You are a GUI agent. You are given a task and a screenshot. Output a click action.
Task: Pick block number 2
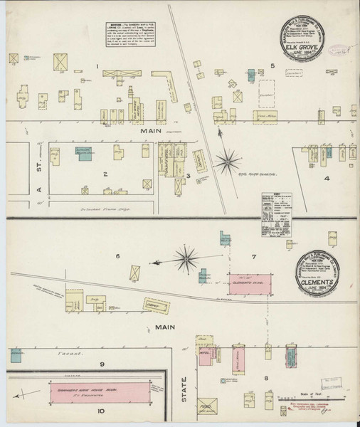click(105, 173)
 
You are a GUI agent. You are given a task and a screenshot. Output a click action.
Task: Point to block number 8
click(265, 378)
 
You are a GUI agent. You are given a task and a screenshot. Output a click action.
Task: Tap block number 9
click(102, 364)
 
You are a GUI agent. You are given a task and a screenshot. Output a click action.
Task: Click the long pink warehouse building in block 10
click(99, 390)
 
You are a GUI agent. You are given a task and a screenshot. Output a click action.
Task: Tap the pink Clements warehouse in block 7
click(250, 281)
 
